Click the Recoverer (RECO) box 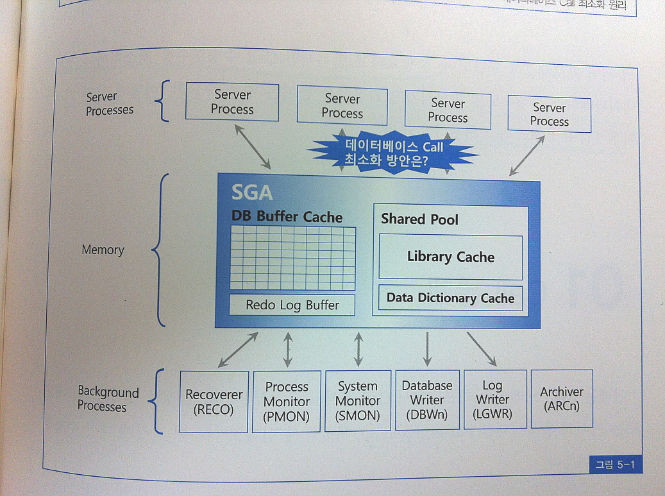(214, 402)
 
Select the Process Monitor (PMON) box (287, 402)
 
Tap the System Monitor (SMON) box (357, 401)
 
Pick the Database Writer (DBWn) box (427, 400)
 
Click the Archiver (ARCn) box (562, 398)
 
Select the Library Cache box (450, 257)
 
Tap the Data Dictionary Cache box (450, 298)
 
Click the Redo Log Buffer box (292, 305)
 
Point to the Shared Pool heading (419, 219)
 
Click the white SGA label (251, 192)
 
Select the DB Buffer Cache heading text (287, 216)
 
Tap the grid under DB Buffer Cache (292, 258)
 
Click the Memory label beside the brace (103, 250)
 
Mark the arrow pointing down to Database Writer (428, 348)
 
